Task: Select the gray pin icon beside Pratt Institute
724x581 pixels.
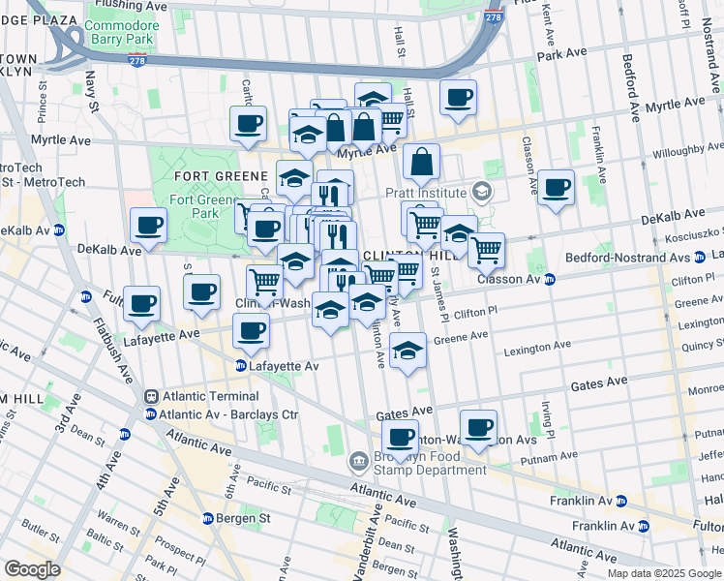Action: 481,191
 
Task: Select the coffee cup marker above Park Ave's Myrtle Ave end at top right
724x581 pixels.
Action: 459,98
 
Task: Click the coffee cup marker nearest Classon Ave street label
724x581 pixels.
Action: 556,189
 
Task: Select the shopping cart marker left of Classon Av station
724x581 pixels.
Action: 486,250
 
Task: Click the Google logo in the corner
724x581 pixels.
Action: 32,569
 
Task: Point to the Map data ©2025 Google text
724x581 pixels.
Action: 664,573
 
